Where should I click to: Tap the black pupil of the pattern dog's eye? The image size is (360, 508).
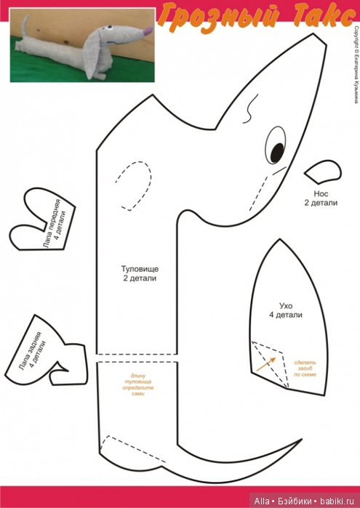(x=277, y=153)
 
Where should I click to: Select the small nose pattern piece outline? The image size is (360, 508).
(x=324, y=172)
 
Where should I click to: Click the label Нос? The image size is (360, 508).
(x=321, y=194)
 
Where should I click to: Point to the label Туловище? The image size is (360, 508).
(x=140, y=269)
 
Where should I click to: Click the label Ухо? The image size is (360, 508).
(x=286, y=306)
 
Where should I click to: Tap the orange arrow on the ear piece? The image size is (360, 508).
(x=266, y=364)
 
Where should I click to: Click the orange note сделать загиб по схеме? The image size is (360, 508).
(x=305, y=368)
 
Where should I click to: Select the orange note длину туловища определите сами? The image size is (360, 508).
(x=138, y=385)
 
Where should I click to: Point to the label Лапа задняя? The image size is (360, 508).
(x=30, y=351)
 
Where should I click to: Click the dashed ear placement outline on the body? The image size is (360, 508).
(x=134, y=185)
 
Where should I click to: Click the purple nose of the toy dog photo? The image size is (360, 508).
(x=147, y=31)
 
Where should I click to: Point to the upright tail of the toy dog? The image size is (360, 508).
(x=25, y=27)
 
